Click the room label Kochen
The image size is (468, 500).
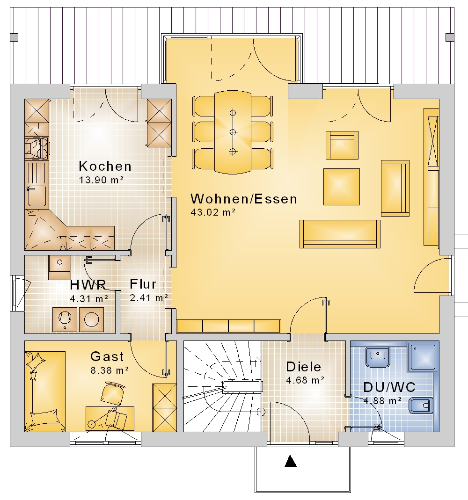(x=105, y=166)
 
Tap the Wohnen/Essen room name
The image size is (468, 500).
(x=244, y=199)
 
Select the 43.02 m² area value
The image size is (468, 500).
(x=213, y=212)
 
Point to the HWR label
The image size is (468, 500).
(x=88, y=285)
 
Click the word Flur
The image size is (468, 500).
(x=143, y=284)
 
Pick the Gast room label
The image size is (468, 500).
(x=107, y=356)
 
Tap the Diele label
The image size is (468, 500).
(x=303, y=367)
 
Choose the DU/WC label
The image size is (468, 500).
(x=389, y=387)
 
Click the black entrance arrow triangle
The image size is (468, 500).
(x=290, y=461)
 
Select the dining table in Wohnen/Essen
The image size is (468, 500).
(x=233, y=132)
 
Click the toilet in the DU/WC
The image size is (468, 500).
(x=421, y=406)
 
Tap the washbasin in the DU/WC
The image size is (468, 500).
(x=378, y=357)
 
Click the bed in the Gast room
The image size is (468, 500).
(x=45, y=391)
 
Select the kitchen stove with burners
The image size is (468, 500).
(x=37, y=148)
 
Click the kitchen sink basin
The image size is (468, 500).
(x=37, y=196)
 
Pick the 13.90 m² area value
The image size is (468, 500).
(x=101, y=180)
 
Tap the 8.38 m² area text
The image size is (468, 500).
(x=110, y=370)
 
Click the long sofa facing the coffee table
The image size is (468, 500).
(x=340, y=234)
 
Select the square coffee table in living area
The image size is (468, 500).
(x=342, y=187)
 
